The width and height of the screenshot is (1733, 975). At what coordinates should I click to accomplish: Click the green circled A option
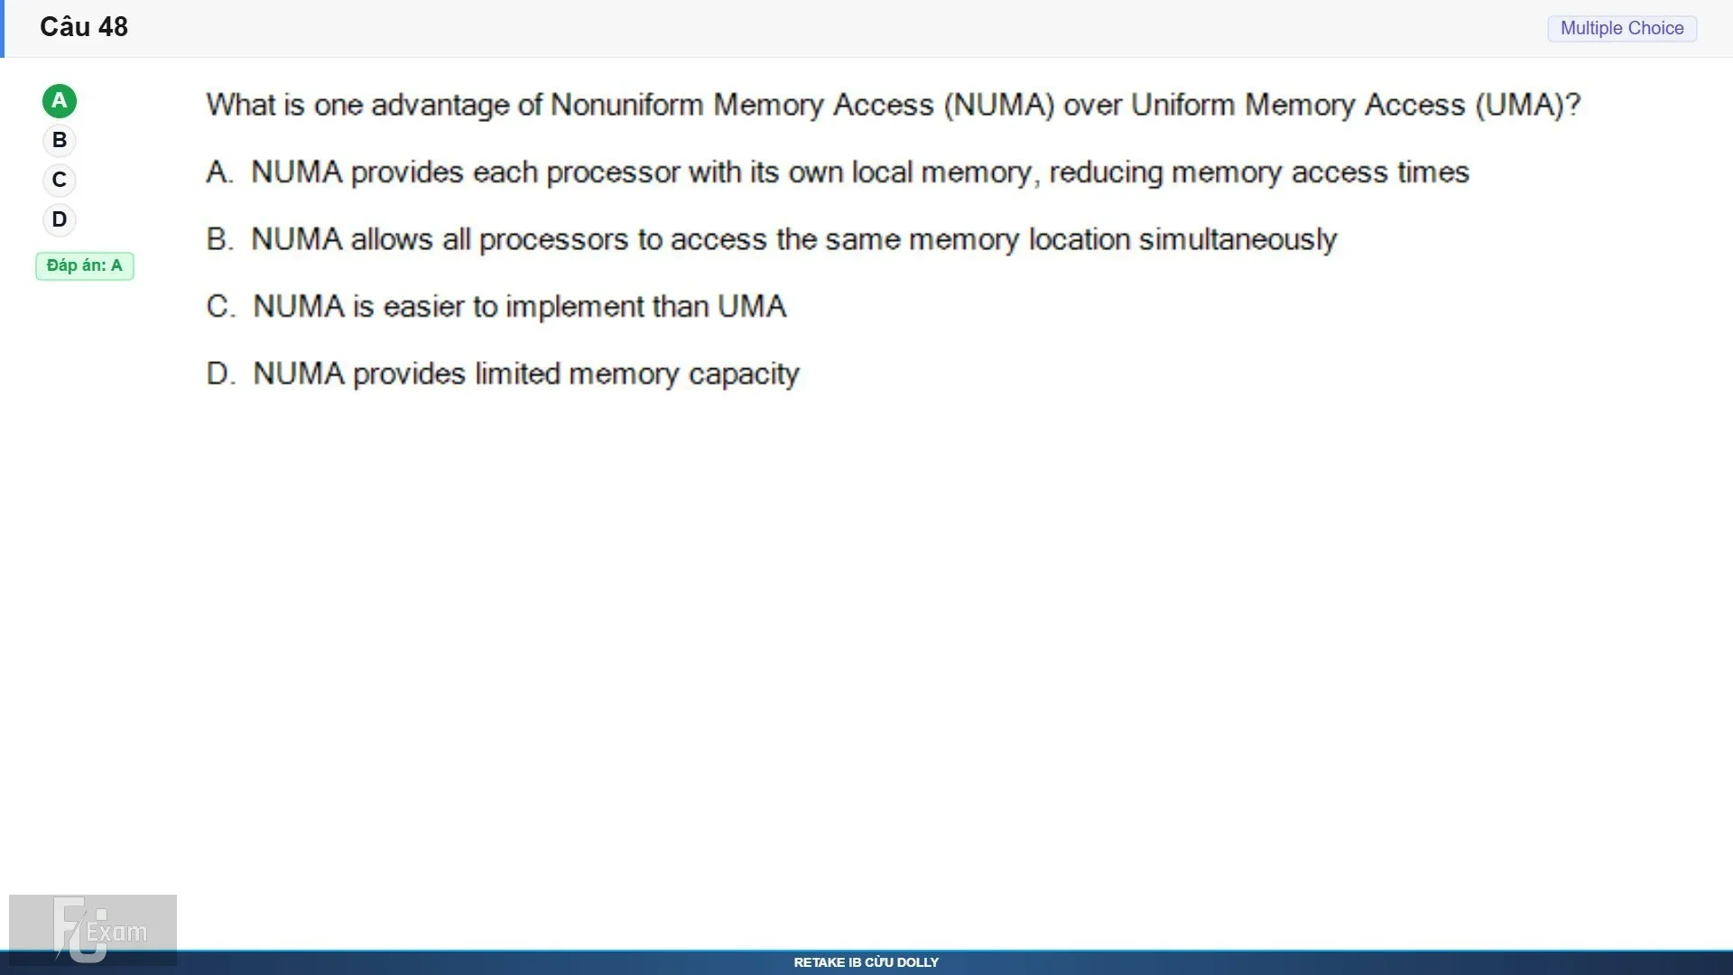point(60,101)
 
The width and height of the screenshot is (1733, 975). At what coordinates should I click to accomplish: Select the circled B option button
point(60,141)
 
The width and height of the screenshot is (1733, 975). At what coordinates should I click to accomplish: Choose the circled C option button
point(60,181)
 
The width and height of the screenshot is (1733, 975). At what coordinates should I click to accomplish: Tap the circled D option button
point(60,220)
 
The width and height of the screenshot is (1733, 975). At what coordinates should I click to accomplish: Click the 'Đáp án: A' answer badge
point(85,266)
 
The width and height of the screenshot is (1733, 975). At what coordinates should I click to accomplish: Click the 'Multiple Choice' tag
point(1622,29)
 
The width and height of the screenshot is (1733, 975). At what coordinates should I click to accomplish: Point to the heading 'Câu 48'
point(84,27)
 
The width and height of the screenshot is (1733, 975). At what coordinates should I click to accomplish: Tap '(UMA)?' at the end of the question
point(1528,106)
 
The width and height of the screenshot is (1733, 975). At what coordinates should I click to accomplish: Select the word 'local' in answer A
point(882,172)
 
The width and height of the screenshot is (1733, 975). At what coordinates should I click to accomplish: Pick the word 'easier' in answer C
point(424,307)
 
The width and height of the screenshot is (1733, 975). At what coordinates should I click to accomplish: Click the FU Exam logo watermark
point(93,930)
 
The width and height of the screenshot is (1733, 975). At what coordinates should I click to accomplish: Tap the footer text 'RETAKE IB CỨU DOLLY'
point(866,962)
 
